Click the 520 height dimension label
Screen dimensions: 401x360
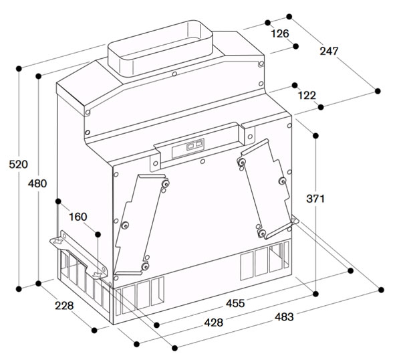click(x=18, y=165)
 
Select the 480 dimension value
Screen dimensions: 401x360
click(x=37, y=183)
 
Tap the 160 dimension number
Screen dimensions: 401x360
click(x=78, y=217)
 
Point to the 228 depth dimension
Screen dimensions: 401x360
click(x=64, y=305)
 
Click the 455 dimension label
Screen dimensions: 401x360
click(x=235, y=303)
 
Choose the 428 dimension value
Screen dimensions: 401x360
click(x=214, y=323)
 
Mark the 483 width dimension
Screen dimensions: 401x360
click(x=284, y=317)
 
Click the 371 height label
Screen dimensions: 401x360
click(x=315, y=199)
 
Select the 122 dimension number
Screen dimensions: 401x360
click(x=307, y=96)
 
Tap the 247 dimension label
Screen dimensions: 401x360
click(x=329, y=52)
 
